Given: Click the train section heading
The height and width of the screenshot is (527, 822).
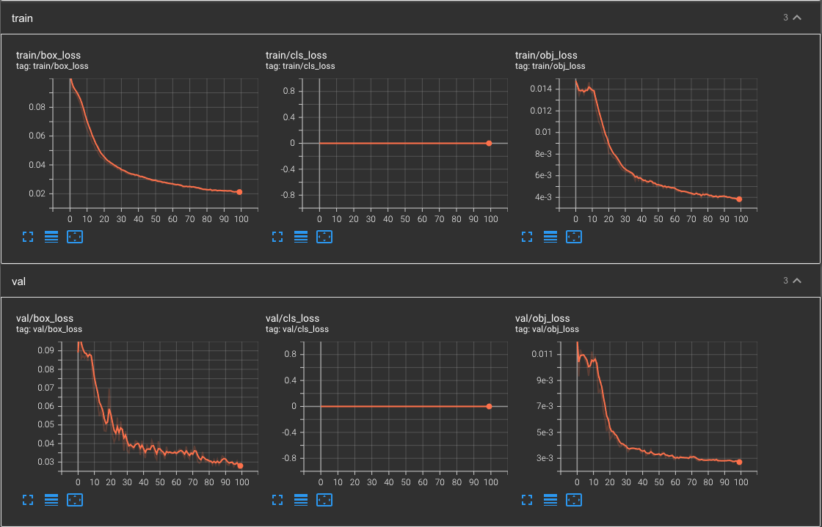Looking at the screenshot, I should coord(22,18).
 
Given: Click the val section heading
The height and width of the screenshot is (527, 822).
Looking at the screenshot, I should coord(19,281).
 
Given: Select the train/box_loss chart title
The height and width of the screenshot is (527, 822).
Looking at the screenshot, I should coord(48,55).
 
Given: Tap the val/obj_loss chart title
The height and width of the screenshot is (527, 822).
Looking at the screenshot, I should coord(542,318).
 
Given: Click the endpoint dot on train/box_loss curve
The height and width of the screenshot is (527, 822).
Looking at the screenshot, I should coord(239,192).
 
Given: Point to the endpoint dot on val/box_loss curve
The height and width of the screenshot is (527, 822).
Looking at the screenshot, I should coord(240,465).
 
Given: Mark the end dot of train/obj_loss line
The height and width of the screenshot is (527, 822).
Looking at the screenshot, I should coord(739,199).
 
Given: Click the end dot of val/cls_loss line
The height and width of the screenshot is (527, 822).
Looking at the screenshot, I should coord(489,406).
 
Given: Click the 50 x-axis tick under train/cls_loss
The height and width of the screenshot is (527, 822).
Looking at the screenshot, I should coord(404,218).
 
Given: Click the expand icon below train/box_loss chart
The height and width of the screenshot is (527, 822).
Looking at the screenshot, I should coord(28,237).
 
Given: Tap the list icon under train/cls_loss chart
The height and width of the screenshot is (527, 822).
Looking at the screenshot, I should coord(301,237).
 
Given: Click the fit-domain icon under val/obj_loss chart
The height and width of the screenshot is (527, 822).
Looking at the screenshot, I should coord(574,500).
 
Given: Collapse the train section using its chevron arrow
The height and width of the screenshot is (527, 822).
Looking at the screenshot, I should coord(797,18).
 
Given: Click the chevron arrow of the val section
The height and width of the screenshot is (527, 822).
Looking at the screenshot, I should coord(797,281).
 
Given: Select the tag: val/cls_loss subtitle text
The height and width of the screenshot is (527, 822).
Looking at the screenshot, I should coord(297,329).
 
